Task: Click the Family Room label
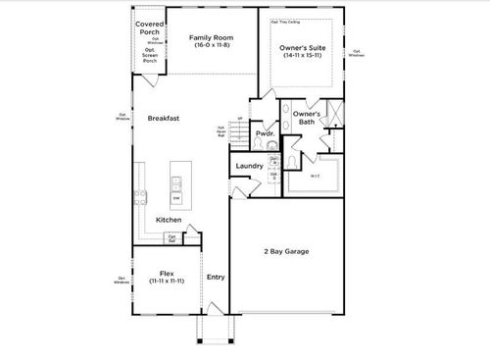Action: click(x=212, y=38)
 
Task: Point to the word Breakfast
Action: click(x=163, y=118)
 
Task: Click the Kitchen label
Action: click(x=169, y=220)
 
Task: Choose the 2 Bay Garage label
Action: click(x=285, y=252)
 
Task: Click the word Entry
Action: click(x=216, y=277)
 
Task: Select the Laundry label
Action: click(x=249, y=166)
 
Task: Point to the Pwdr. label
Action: click(x=264, y=133)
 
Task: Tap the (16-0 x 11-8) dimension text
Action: click(x=212, y=46)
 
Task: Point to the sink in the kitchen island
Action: click(x=177, y=181)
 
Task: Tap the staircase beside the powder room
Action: click(x=240, y=138)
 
